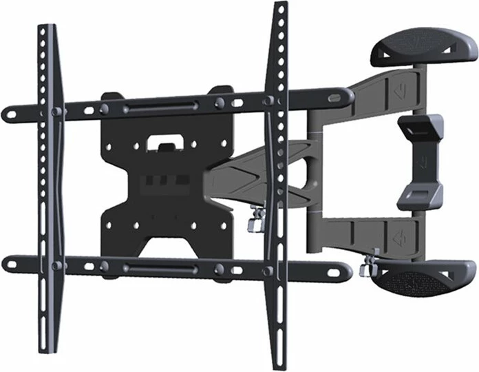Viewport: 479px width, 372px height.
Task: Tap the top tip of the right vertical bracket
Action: point(279,6)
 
